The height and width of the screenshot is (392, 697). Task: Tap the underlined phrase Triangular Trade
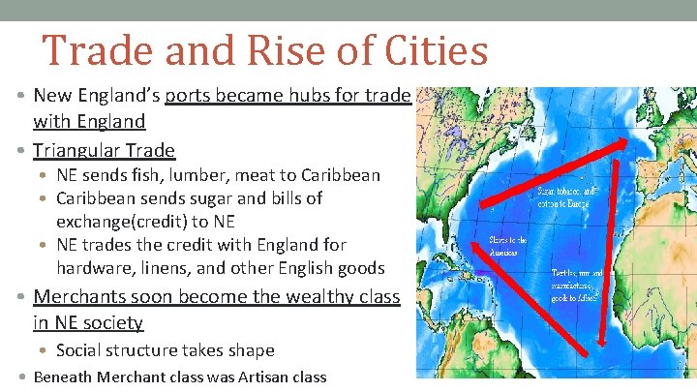coord(104,150)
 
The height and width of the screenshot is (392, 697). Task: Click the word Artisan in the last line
coord(241,377)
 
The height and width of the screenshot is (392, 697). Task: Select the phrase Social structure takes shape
coord(166,350)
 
